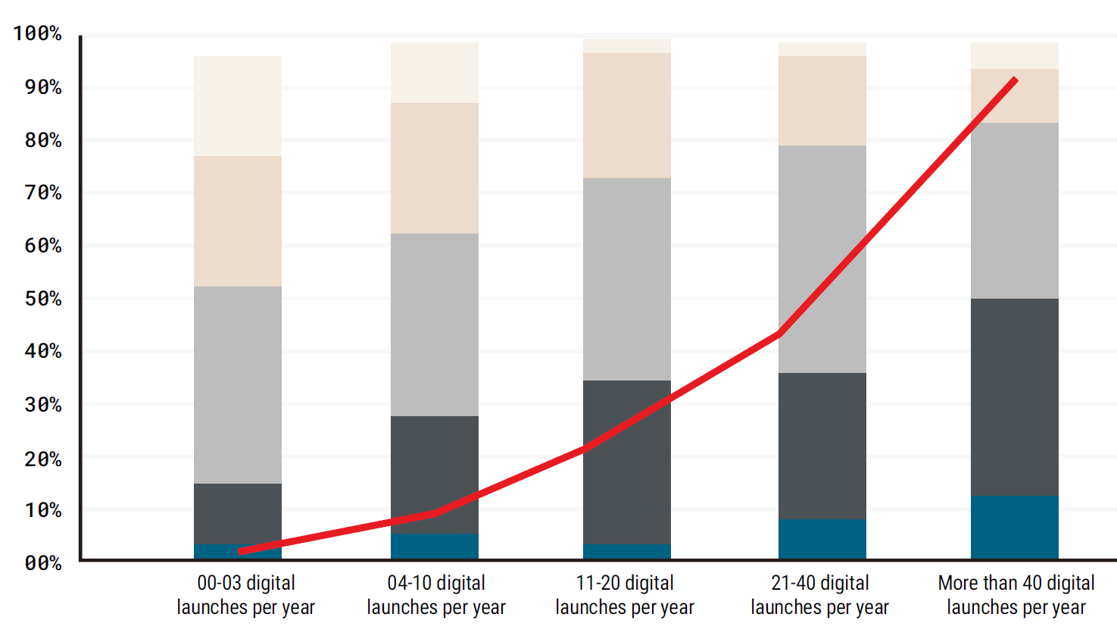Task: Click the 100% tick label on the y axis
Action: pos(37,33)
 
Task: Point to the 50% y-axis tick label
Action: pos(42,299)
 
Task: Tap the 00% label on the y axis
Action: pos(42,563)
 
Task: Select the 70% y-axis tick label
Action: pos(42,193)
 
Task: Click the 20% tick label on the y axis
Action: pos(42,459)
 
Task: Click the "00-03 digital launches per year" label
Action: pos(245,595)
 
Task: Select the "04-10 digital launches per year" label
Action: pos(436,595)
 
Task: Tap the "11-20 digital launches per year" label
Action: pos(625,595)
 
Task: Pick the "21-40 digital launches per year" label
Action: pos(820,595)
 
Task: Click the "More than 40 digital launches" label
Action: pos(1016,595)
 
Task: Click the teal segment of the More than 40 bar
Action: pos(1015,528)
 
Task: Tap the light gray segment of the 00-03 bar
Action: pos(238,385)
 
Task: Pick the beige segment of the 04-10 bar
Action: pos(435,168)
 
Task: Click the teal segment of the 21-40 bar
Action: pos(822,539)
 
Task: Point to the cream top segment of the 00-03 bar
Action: pos(238,106)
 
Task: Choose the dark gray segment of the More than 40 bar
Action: pos(1015,396)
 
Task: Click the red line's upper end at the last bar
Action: pos(1015,80)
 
